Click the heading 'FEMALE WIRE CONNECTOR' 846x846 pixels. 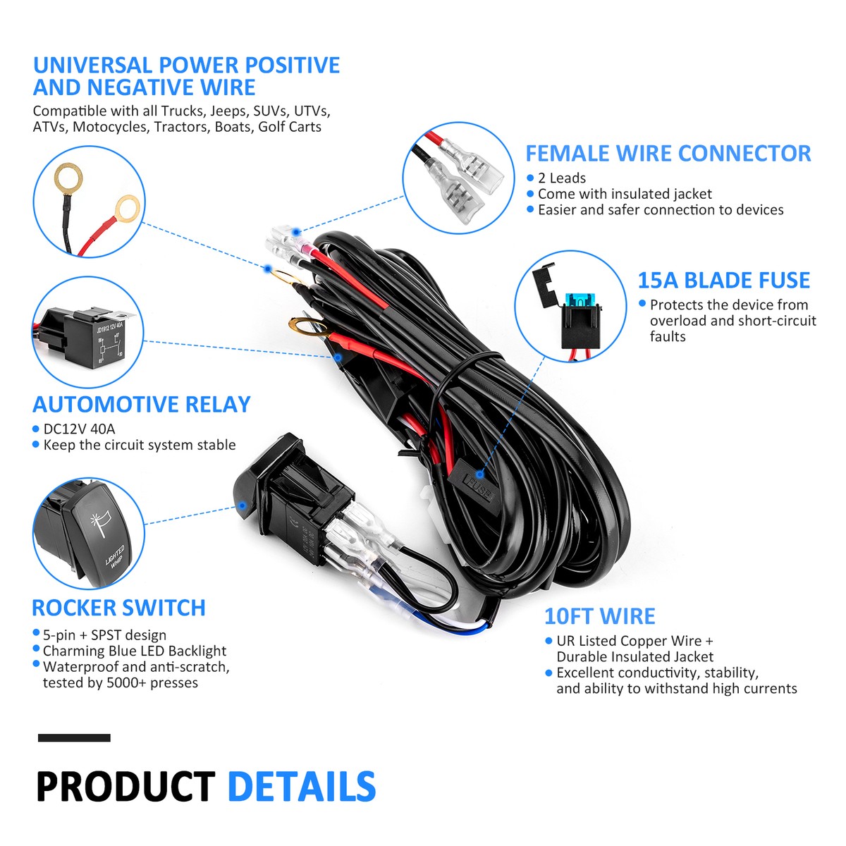pyautogui.click(x=668, y=154)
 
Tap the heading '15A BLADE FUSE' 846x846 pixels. pyautogui.click(x=723, y=281)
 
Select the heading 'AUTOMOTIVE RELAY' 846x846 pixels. pyautogui.click(x=142, y=405)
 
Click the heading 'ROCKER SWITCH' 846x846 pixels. pyautogui.click(x=118, y=608)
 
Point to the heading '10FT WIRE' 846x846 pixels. pyautogui.click(x=599, y=617)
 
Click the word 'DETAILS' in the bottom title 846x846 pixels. pyautogui.click(x=302, y=787)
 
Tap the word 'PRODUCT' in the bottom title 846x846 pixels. pyautogui.click(x=125, y=787)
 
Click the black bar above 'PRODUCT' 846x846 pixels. pyautogui.click(x=74, y=738)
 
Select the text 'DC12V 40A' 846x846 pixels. pyautogui.click(x=79, y=429)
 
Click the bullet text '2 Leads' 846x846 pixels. pyautogui.click(x=561, y=178)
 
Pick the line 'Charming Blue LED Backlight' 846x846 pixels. pyautogui.click(x=135, y=651)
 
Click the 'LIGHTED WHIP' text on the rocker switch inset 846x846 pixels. pyautogui.click(x=114, y=556)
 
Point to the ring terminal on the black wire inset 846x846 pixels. pyautogui.click(x=69, y=176)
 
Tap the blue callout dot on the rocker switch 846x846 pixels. pyautogui.click(x=242, y=505)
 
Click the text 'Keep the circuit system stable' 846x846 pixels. pyautogui.click(x=140, y=445)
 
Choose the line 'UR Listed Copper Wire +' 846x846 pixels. pyautogui.click(x=634, y=641)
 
